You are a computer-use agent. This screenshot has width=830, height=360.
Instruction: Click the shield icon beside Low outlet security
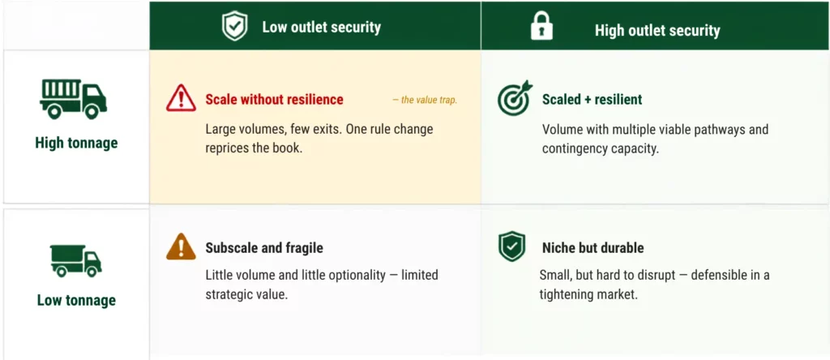pos(234,27)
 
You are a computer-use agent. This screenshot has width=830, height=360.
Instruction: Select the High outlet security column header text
pos(657,30)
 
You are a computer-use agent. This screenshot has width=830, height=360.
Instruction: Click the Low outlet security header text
pos(321,28)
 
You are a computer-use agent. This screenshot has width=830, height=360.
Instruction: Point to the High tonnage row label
pos(76,143)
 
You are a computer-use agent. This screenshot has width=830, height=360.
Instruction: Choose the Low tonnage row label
pos(76,300)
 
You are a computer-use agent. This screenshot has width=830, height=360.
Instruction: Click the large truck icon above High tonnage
pos(74,99)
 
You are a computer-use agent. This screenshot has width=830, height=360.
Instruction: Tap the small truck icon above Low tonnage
pos(76,260)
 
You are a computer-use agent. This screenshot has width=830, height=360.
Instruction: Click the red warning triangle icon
pos(181,98)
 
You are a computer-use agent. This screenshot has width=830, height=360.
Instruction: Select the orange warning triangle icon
pos(181,246)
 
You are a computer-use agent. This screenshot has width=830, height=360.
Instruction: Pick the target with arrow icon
pos(515,98)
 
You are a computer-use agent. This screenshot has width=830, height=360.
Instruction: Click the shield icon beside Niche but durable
pos(512,246)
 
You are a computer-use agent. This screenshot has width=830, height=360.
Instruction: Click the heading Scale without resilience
pos(274,100)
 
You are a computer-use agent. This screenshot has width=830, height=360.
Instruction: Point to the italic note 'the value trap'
pos(425,100)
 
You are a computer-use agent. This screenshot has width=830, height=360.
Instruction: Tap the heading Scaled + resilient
pos(592,100)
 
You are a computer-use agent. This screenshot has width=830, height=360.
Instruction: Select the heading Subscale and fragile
pos(264,248)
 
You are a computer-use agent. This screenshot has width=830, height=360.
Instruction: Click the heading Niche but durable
pos(593,248)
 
